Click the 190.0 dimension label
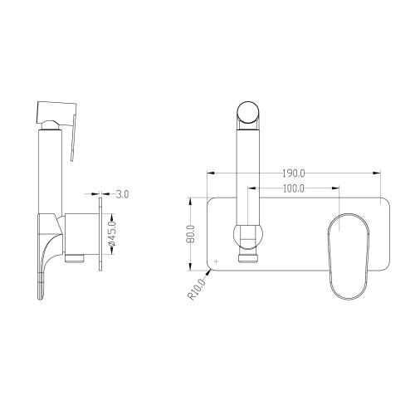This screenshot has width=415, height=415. click(x=294, y=173)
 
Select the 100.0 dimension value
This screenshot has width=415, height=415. click(x=294, y=188)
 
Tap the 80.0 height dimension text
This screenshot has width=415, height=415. click(x=191, y=234)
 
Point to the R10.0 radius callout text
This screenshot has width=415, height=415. click(x=198, y=289)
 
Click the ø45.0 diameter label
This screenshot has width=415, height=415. click(x=112, y=234)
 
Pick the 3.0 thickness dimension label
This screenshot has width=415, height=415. click(x=122, y=194)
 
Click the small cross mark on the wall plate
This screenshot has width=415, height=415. click(x=217, y=261)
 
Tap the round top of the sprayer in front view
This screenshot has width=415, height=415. click(x=248, y=113)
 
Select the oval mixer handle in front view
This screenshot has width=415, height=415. click(x=349, y=256)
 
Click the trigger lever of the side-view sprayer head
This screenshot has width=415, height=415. click(x=73, y=138)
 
